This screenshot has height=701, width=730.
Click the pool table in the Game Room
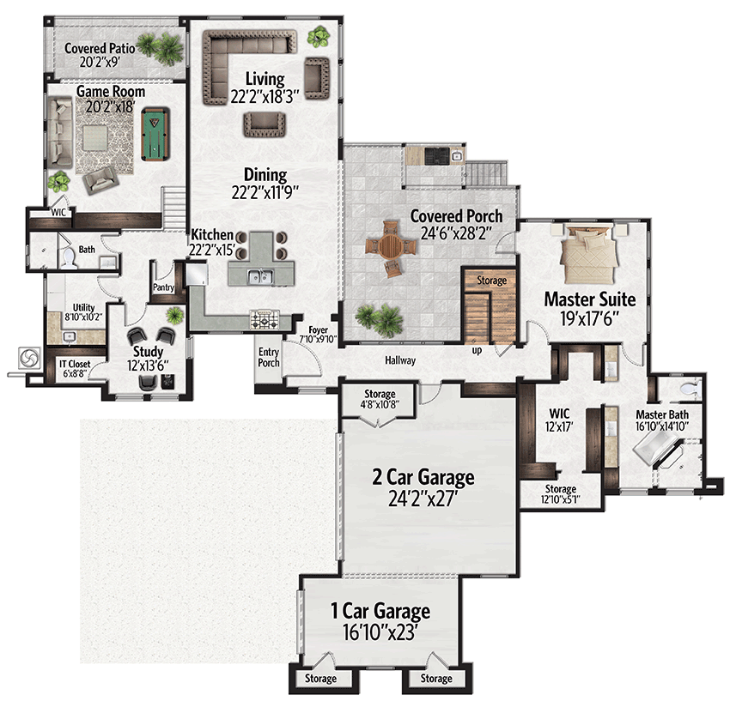pos(155,133)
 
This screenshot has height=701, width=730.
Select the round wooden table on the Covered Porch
pos(391,247)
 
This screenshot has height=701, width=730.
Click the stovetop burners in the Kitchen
pos(265,319)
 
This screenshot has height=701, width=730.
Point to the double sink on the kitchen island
pos(260,276)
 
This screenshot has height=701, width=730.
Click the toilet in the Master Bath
pos(690,388)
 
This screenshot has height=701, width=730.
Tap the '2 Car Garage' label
pos(423,477)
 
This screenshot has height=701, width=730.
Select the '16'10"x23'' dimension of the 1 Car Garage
pos(379,632)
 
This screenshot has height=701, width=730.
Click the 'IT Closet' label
pos(75,364)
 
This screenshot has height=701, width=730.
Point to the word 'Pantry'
pos(163,287)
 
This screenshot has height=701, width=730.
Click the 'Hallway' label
pos(400,360)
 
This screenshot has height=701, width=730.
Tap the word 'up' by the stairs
pos(477,351)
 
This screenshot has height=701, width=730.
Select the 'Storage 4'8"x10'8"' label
pos(380,399)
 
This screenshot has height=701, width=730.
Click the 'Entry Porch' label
pos(269,357)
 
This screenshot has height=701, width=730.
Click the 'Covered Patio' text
pos(100,48)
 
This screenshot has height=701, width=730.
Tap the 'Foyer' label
pos(318,330)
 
